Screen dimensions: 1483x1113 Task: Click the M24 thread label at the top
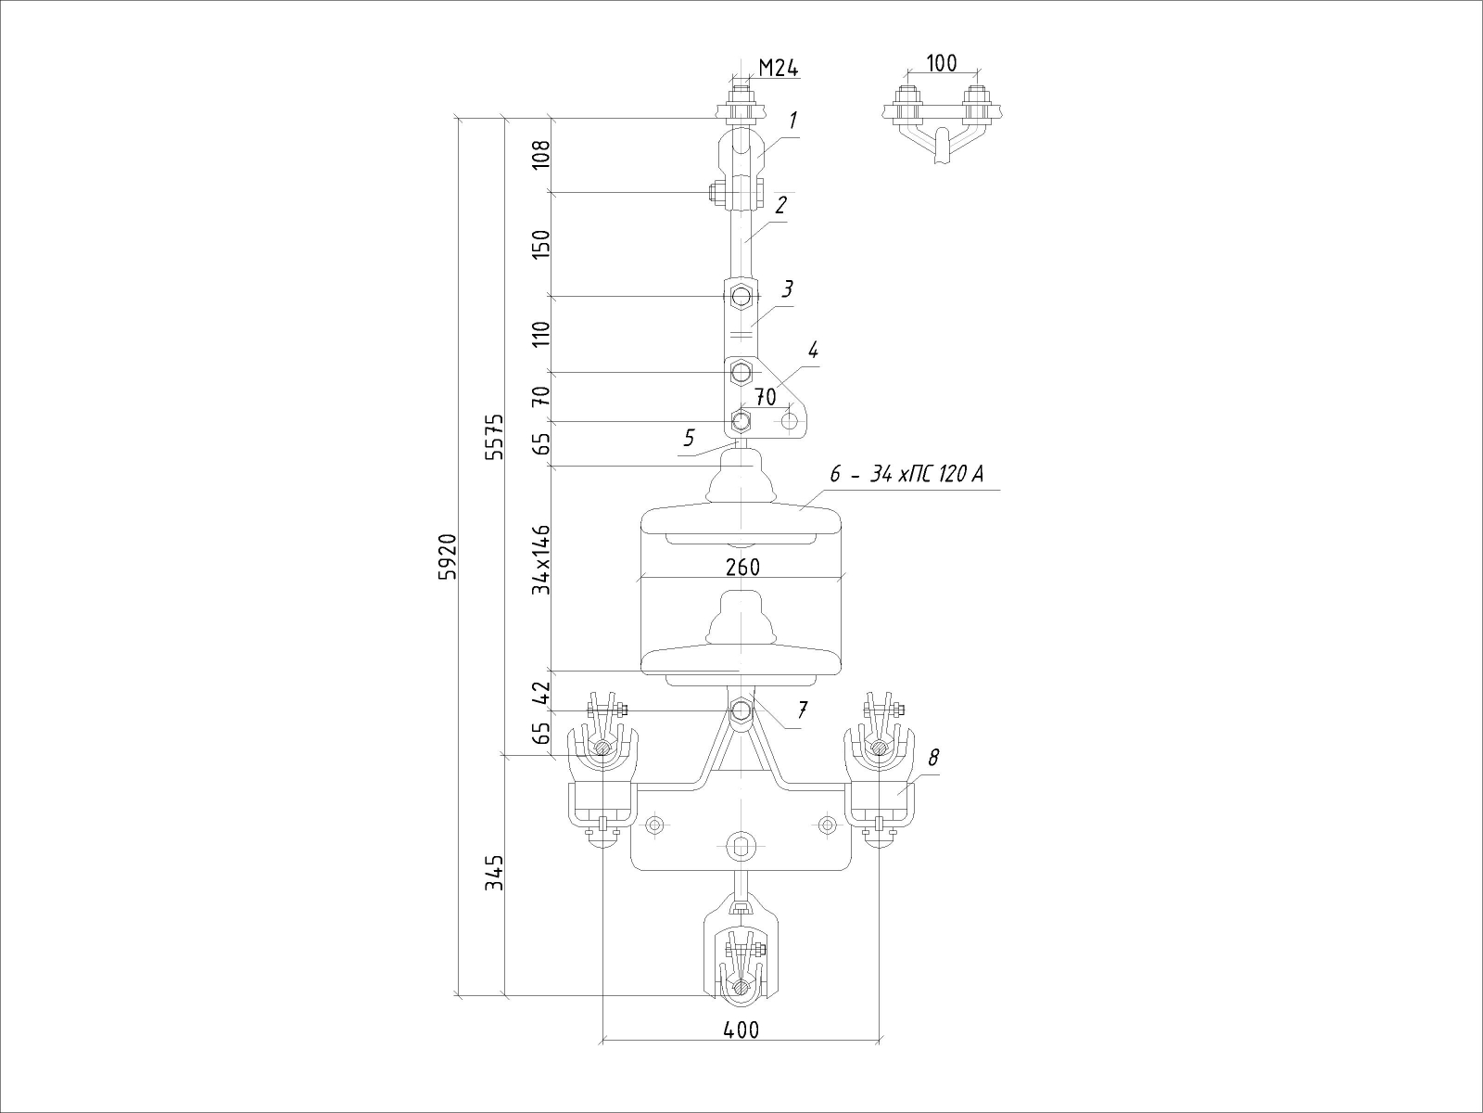coord(779,68)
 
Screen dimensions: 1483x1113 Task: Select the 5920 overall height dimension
coord(448,556)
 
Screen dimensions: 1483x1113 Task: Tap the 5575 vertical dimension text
coord(495,437)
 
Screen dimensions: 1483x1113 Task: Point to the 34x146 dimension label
coord(541,559)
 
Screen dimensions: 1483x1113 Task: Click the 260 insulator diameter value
coord(742,567)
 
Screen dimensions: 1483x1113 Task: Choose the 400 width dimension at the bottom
coord(741,1030)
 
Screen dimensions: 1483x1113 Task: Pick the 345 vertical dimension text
coord(495,873)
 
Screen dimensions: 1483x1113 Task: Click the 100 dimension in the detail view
coord(942,63)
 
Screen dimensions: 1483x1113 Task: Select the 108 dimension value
coord(541,155)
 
